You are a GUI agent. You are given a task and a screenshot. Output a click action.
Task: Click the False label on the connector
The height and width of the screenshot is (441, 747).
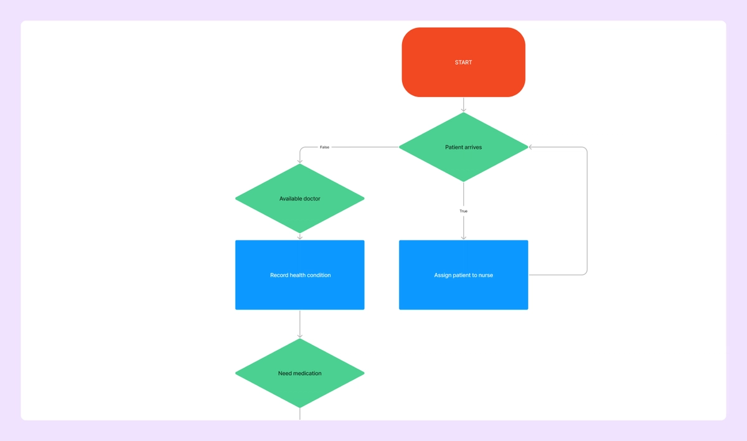(324, 148)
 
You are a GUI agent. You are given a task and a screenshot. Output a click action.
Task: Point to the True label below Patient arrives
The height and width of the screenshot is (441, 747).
(463, 211)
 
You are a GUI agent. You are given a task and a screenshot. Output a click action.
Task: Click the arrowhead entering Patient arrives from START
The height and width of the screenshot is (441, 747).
(463, 110)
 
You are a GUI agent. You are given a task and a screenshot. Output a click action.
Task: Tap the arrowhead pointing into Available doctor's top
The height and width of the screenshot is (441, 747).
(299, 161)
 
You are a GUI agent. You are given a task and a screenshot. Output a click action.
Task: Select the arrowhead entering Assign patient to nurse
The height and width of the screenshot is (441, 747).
(463, 237)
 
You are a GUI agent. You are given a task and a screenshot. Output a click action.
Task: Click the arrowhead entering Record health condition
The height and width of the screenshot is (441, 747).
(299, 237)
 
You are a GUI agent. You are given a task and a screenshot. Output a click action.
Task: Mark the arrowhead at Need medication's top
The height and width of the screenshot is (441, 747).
(299, 336)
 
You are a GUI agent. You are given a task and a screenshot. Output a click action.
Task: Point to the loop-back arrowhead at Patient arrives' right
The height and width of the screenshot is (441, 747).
(532, 148)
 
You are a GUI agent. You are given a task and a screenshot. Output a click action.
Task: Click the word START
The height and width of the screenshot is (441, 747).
(463, 62)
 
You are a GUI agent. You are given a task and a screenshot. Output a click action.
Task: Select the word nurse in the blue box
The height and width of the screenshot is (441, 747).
(486, 275)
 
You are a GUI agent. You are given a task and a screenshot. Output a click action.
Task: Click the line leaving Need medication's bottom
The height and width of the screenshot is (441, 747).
(299, 414)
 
